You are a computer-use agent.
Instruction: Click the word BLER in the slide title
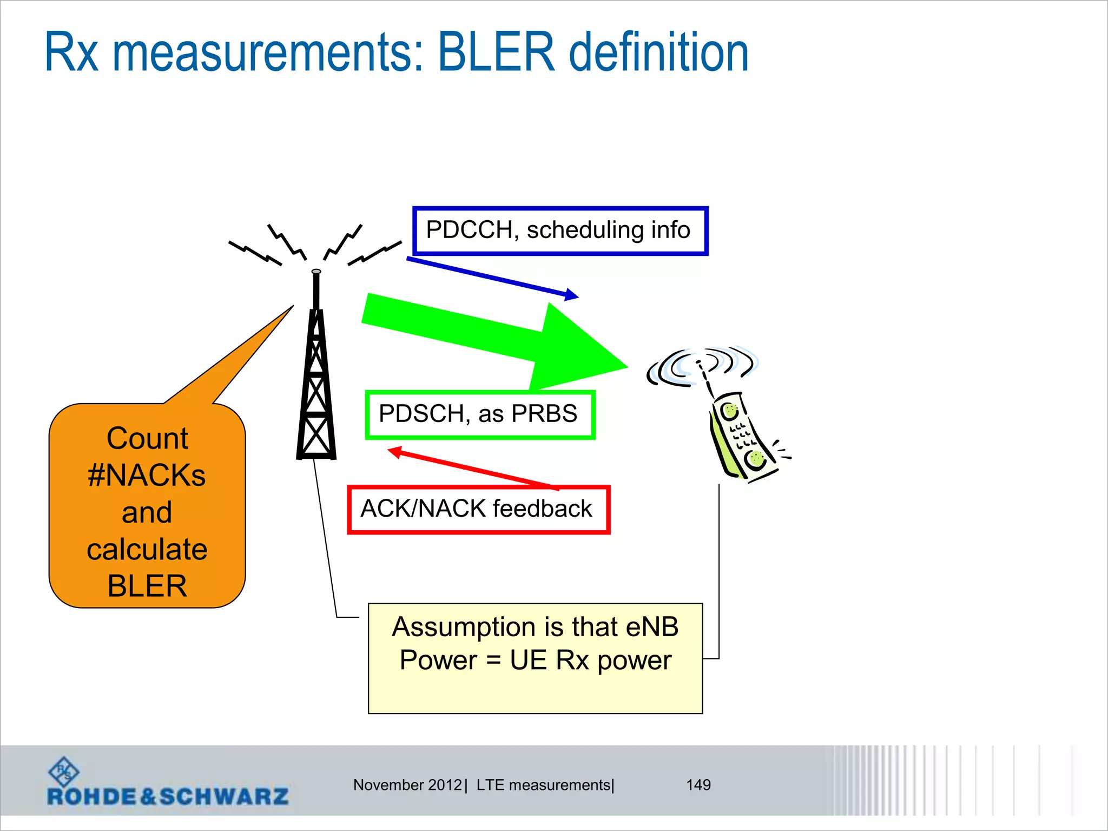[496, 52]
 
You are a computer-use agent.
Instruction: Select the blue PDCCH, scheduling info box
[560, 230]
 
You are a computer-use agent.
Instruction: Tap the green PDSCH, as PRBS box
[480, 414]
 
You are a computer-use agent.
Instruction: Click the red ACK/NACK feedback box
[478, 510]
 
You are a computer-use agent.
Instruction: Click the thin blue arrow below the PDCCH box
[492, 278]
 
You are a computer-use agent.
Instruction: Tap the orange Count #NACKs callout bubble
[147, 506]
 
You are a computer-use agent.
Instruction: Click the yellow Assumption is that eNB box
[535, 658]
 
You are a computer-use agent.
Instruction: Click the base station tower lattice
[316, 390]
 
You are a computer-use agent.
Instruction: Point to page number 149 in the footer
[698, 785]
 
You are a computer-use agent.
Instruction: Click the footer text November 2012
[407, 785]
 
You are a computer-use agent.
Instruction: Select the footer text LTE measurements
[543, 785]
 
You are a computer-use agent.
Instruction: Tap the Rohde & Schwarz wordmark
[168, 796]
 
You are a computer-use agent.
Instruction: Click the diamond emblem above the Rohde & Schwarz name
[64, 771]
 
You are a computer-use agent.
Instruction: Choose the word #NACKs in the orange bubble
[147, 476]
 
